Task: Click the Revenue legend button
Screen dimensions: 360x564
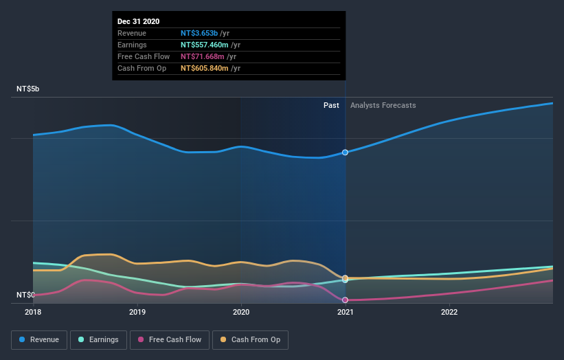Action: coord(40,339)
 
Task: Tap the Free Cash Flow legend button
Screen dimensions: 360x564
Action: coord(170,339)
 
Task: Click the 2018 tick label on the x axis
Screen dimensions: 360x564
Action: coord(33,311)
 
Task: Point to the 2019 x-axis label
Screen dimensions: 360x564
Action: coord(137,311)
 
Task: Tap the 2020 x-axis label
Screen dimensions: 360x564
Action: coord(241,311)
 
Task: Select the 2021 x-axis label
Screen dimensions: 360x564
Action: coord(345,311)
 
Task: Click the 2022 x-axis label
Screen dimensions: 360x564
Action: coord(449,311)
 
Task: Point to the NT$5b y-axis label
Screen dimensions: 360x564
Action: coord(28,89)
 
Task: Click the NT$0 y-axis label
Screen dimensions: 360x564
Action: coord(25,295)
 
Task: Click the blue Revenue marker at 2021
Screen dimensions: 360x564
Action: coord(345,153)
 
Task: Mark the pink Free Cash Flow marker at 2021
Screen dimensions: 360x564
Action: coord(345,300)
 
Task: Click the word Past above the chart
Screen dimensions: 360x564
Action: coord(331,105)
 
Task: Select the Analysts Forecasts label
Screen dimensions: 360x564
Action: coord(383,105)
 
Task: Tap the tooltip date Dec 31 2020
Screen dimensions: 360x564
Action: coord(138,21)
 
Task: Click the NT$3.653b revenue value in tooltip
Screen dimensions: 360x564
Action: coord(199,33)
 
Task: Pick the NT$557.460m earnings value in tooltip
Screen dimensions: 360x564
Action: coord(205,45)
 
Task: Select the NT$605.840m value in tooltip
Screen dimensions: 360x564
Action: coord(205,68)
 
